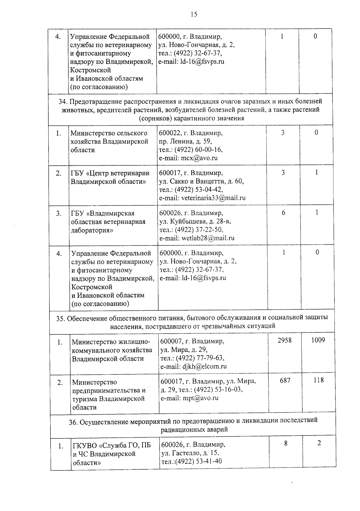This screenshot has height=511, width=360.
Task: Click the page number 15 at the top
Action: click(x=194, y=14)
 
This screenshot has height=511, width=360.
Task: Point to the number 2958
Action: click(x=284, y=340)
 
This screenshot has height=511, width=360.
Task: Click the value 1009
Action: click(x=318, y=340)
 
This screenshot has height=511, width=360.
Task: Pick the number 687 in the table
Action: click(x=285, y=380)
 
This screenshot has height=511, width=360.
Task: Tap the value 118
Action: click(x=318, y=380)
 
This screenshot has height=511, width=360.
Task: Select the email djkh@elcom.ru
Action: click(x=204, y=366)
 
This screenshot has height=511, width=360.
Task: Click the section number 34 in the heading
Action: click(x=62, y=101)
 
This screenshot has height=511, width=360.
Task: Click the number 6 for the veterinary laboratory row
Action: click(x=283, y=213)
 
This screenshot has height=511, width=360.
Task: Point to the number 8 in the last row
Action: click(x=286, y=443)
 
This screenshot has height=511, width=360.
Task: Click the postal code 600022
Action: click(x=169, y=133)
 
